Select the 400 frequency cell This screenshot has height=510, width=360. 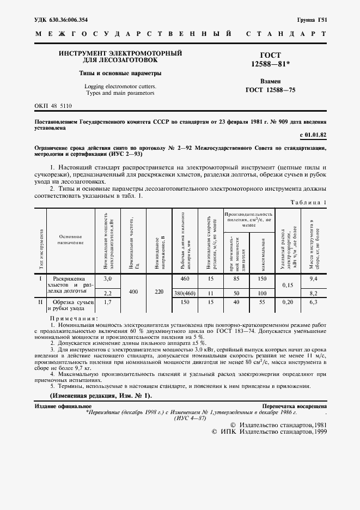pyautogui.click(x=133, y=292)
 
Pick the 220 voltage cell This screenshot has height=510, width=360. pyautogui.click(x=158, y=292)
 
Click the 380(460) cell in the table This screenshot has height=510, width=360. pyautogui.click(x=184, y=293)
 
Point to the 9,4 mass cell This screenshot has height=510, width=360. pyautogui.click(x=313, y=278)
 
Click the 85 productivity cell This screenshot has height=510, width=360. pyautogui.click(x=236, y=278)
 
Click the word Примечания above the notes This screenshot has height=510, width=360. pyautogui.click(x=74, y=318)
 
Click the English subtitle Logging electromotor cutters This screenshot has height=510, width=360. pyautogui.click(x=120, y=86)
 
